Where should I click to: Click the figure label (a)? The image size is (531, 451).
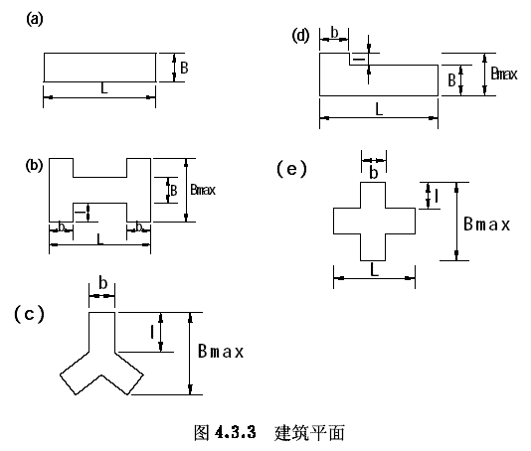coord(35,19)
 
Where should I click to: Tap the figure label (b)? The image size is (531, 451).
coord(34,166)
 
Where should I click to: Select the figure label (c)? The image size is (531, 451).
coord(29,314)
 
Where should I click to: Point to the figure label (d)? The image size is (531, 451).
coord(300,36)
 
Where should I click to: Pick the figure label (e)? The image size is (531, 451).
coord(292,169)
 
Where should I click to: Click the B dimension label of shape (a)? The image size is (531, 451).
coord(184,68)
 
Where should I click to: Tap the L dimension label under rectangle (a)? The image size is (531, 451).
coord(104,88)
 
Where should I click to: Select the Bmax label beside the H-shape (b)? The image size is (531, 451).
coord(203,190)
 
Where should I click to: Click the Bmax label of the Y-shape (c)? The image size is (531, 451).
coord(221,351)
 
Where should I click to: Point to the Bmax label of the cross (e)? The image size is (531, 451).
coord(486,224)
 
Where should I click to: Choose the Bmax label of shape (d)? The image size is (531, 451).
coord(504,74)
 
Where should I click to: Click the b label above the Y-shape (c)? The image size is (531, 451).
coord(103,283)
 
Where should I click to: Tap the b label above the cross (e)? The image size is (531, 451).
coord(374,173)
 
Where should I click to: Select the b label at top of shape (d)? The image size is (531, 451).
coord(334,33)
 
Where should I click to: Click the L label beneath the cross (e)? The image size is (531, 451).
coord(374,270)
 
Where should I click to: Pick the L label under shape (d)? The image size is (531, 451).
coord(379,109)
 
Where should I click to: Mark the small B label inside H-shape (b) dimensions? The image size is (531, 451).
coord(174,190)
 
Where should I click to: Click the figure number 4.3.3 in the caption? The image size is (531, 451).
coord(235,432)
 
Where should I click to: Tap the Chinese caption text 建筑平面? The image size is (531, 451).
coord(309,433)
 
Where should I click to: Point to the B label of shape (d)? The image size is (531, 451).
coord(451,80)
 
